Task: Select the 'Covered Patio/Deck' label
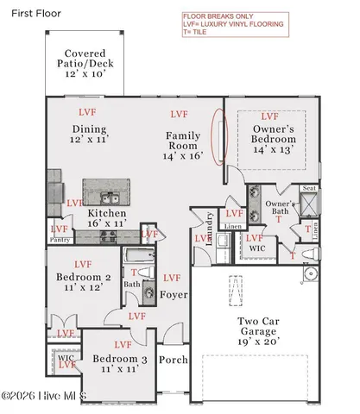pos(85,64)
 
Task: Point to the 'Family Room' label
pos(182,141)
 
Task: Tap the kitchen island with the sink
pos(106,192)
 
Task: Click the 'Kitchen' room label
pos(107,214)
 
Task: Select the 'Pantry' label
pos(60,241)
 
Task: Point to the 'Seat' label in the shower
pos(308,190)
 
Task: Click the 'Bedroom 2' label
pos(84,277)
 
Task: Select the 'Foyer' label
pos(173,295)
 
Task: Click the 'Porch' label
pos(174,361)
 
